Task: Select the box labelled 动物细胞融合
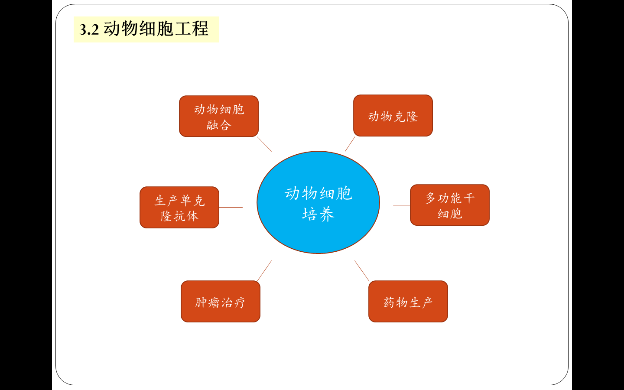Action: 218,116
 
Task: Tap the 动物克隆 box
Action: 393,116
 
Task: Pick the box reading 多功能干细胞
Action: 449,205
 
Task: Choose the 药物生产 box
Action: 408,302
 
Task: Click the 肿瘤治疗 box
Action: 220,302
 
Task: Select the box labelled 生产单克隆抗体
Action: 179,208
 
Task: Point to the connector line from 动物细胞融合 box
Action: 264,144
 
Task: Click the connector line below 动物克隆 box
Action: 350,144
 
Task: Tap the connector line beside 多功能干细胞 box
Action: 401,205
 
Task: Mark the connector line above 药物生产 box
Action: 362,271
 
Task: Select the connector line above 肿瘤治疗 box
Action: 264,271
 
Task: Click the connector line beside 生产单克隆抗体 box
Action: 231,207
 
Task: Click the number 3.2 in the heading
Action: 89,29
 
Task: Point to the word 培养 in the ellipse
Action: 318,214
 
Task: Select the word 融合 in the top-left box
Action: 219,125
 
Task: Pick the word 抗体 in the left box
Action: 186,216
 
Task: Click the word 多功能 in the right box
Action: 443,198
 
